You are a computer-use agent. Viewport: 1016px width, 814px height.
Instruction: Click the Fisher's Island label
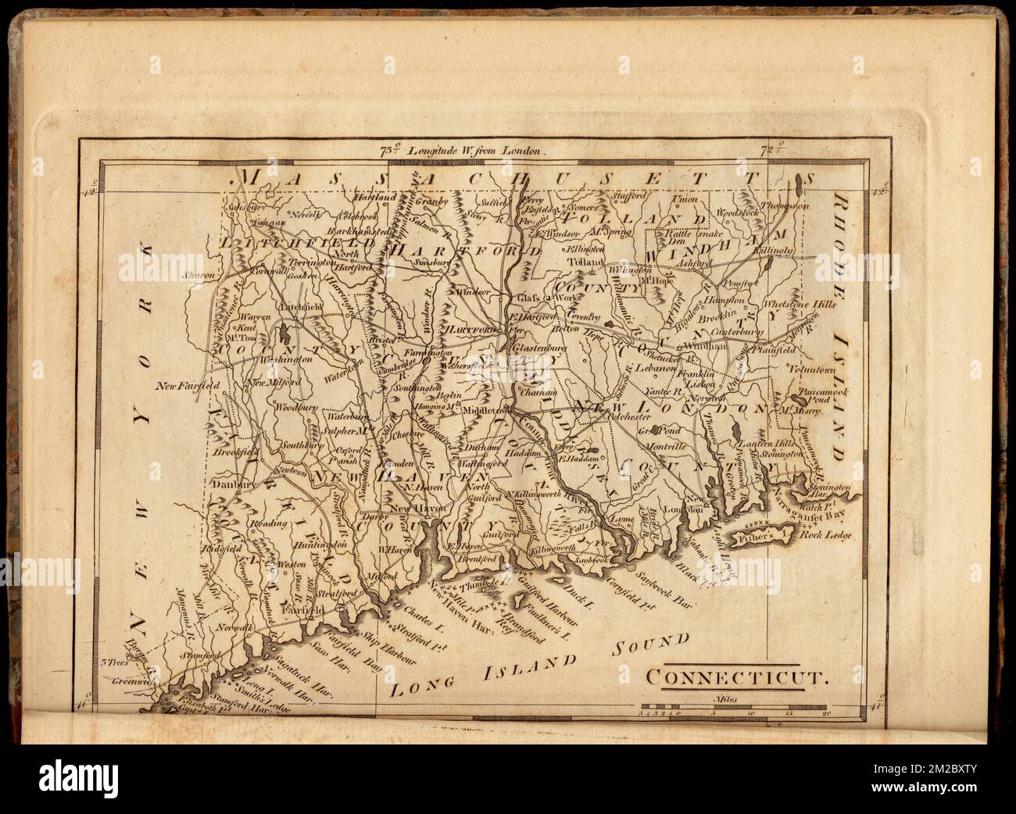[x=757, y=538]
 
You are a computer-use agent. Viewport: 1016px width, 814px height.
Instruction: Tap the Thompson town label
[x=791, y=205]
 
